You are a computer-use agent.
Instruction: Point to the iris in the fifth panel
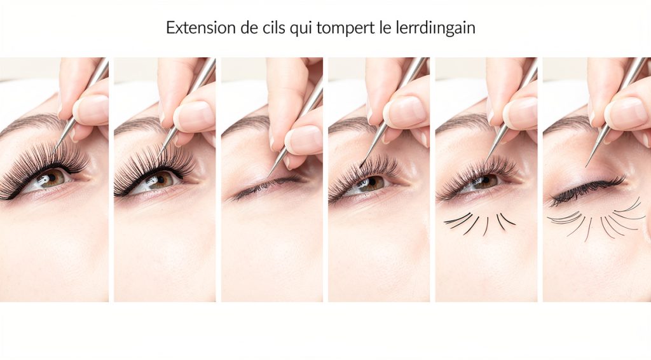pos(486,181)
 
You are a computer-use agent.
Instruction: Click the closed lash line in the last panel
pos(588,188)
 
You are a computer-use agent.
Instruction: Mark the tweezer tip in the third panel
pos(269,175)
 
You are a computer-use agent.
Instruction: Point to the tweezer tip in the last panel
pos(587,165)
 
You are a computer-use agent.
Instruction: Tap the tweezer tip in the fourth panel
pos(360,167)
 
